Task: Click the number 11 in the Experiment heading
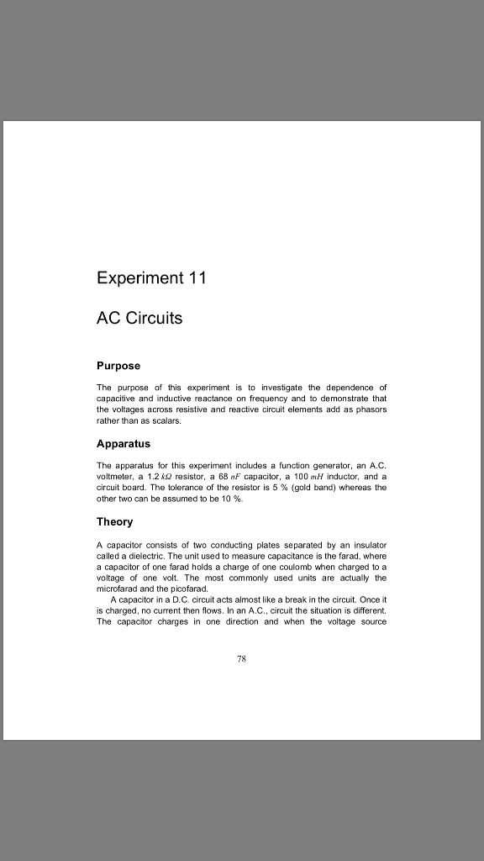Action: [195, 278]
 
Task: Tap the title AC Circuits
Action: [139, 319]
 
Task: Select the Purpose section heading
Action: [118, 366]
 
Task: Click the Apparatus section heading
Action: [124, 443]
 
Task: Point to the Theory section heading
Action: [114, 521]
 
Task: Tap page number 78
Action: [241, 659]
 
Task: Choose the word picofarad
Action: [185, 589]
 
